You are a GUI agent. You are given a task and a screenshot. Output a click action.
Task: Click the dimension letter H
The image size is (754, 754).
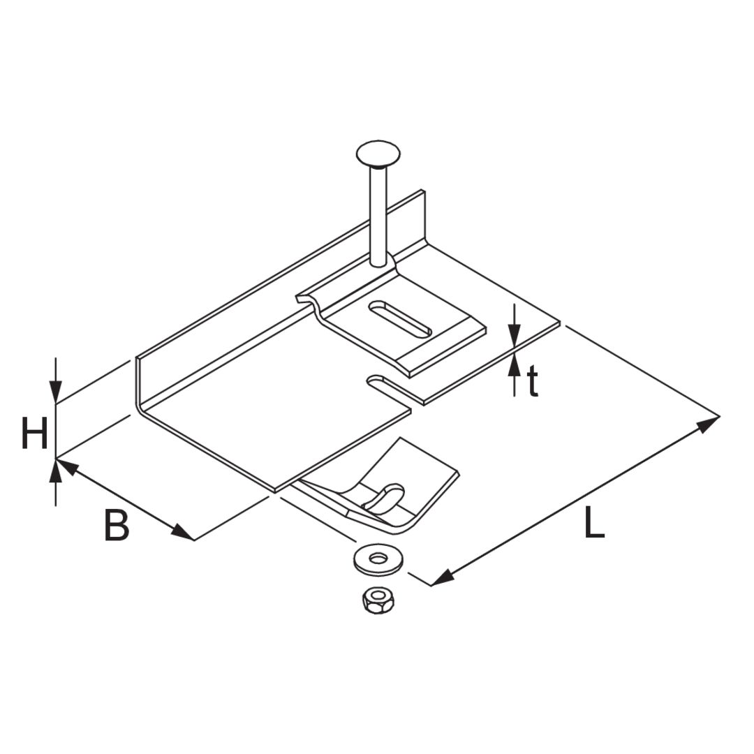(x=35, y=433)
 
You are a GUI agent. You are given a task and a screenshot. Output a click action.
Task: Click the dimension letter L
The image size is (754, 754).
(x=594, y=523)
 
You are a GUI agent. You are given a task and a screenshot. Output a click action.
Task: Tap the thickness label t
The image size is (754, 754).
(x=532, y=381)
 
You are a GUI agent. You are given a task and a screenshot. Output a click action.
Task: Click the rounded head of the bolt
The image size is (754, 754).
(x=378, y=154)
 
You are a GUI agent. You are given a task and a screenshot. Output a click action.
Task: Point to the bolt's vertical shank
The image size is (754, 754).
(x=378, y=216)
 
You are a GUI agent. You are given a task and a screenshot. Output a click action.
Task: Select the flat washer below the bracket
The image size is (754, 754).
(x=378, y=559)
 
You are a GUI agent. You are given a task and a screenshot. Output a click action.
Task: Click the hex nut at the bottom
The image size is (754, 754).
(x=376, y=600)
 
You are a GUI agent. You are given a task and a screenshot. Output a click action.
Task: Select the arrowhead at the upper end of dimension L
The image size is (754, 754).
(x=707, y=424)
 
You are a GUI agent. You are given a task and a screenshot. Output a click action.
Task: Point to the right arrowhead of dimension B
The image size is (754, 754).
(x=182, y=532)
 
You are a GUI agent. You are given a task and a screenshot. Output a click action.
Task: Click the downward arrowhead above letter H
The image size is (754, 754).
(x=57, y=392)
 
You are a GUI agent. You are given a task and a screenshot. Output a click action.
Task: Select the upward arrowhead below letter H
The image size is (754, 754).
(x=57, y=471)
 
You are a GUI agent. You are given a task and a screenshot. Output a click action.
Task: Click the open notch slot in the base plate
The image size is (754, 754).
(x=390, y=386)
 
